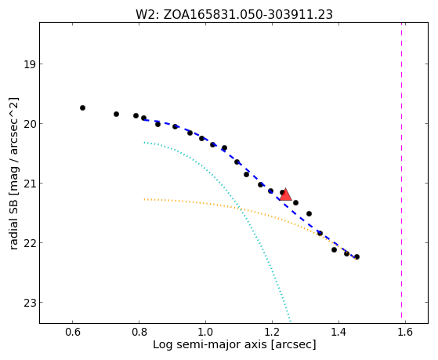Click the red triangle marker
point(285,195)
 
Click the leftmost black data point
point(82,107)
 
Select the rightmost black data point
point(357,256)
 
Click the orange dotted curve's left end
point(144,199)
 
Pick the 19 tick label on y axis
point(29,64)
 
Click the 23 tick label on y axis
point(29,303)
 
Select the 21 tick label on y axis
point(29,184)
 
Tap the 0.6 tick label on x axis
point(73,332)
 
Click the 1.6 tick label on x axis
point(405,332)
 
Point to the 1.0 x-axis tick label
point(205,332)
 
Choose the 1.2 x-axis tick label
point(272,332)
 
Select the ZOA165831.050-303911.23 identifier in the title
point(248,15)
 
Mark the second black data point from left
point(116,114)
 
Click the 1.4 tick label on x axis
point(338,332)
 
